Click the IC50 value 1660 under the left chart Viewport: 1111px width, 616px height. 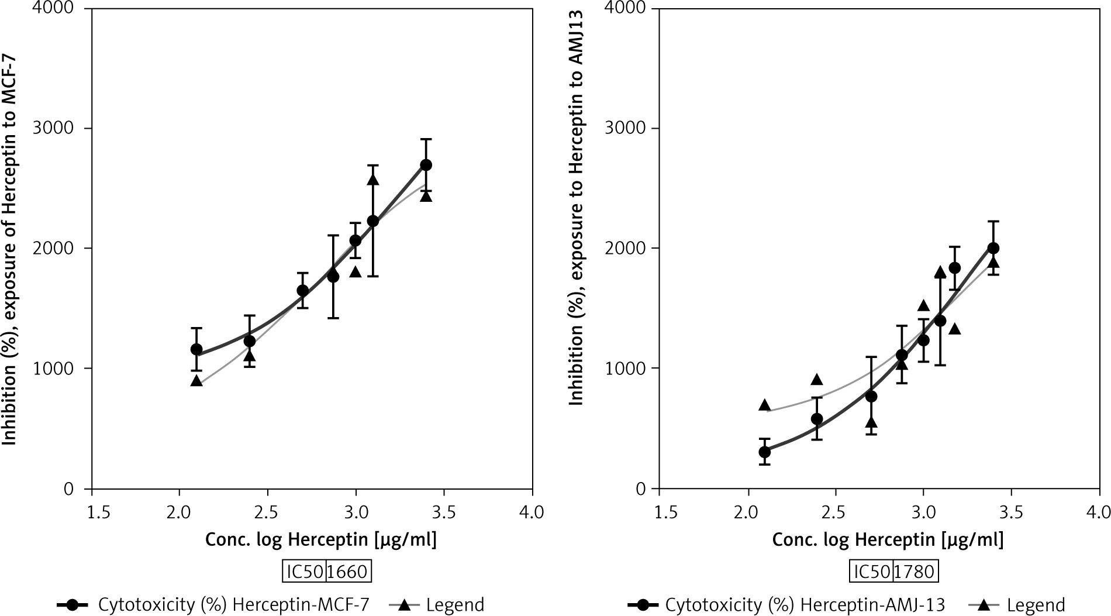click(347, 572)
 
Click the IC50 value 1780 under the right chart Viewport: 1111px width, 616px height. click(915, 572)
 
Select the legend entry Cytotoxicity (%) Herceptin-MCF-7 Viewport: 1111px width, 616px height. click(233, 605)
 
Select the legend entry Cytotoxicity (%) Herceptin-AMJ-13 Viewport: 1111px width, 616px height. click(805, 605)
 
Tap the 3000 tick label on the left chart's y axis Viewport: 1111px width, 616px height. click(60, 128)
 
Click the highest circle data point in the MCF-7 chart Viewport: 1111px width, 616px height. click(426, 165)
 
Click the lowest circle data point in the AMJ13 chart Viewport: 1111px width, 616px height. click(764, 452)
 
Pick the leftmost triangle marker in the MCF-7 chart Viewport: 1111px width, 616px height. click(196, 381)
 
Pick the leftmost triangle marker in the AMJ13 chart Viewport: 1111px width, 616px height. click(764, 405)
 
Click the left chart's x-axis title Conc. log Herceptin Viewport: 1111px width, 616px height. click(320, 539)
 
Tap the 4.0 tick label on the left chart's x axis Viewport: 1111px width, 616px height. click(531, 513)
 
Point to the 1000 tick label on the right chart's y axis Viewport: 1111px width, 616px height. click(627, 369)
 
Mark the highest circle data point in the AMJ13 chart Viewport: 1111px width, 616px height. click(993, 248)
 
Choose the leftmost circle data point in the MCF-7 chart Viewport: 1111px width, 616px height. click(196, 349)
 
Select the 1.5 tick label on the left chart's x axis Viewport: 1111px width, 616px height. click(92, 513)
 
